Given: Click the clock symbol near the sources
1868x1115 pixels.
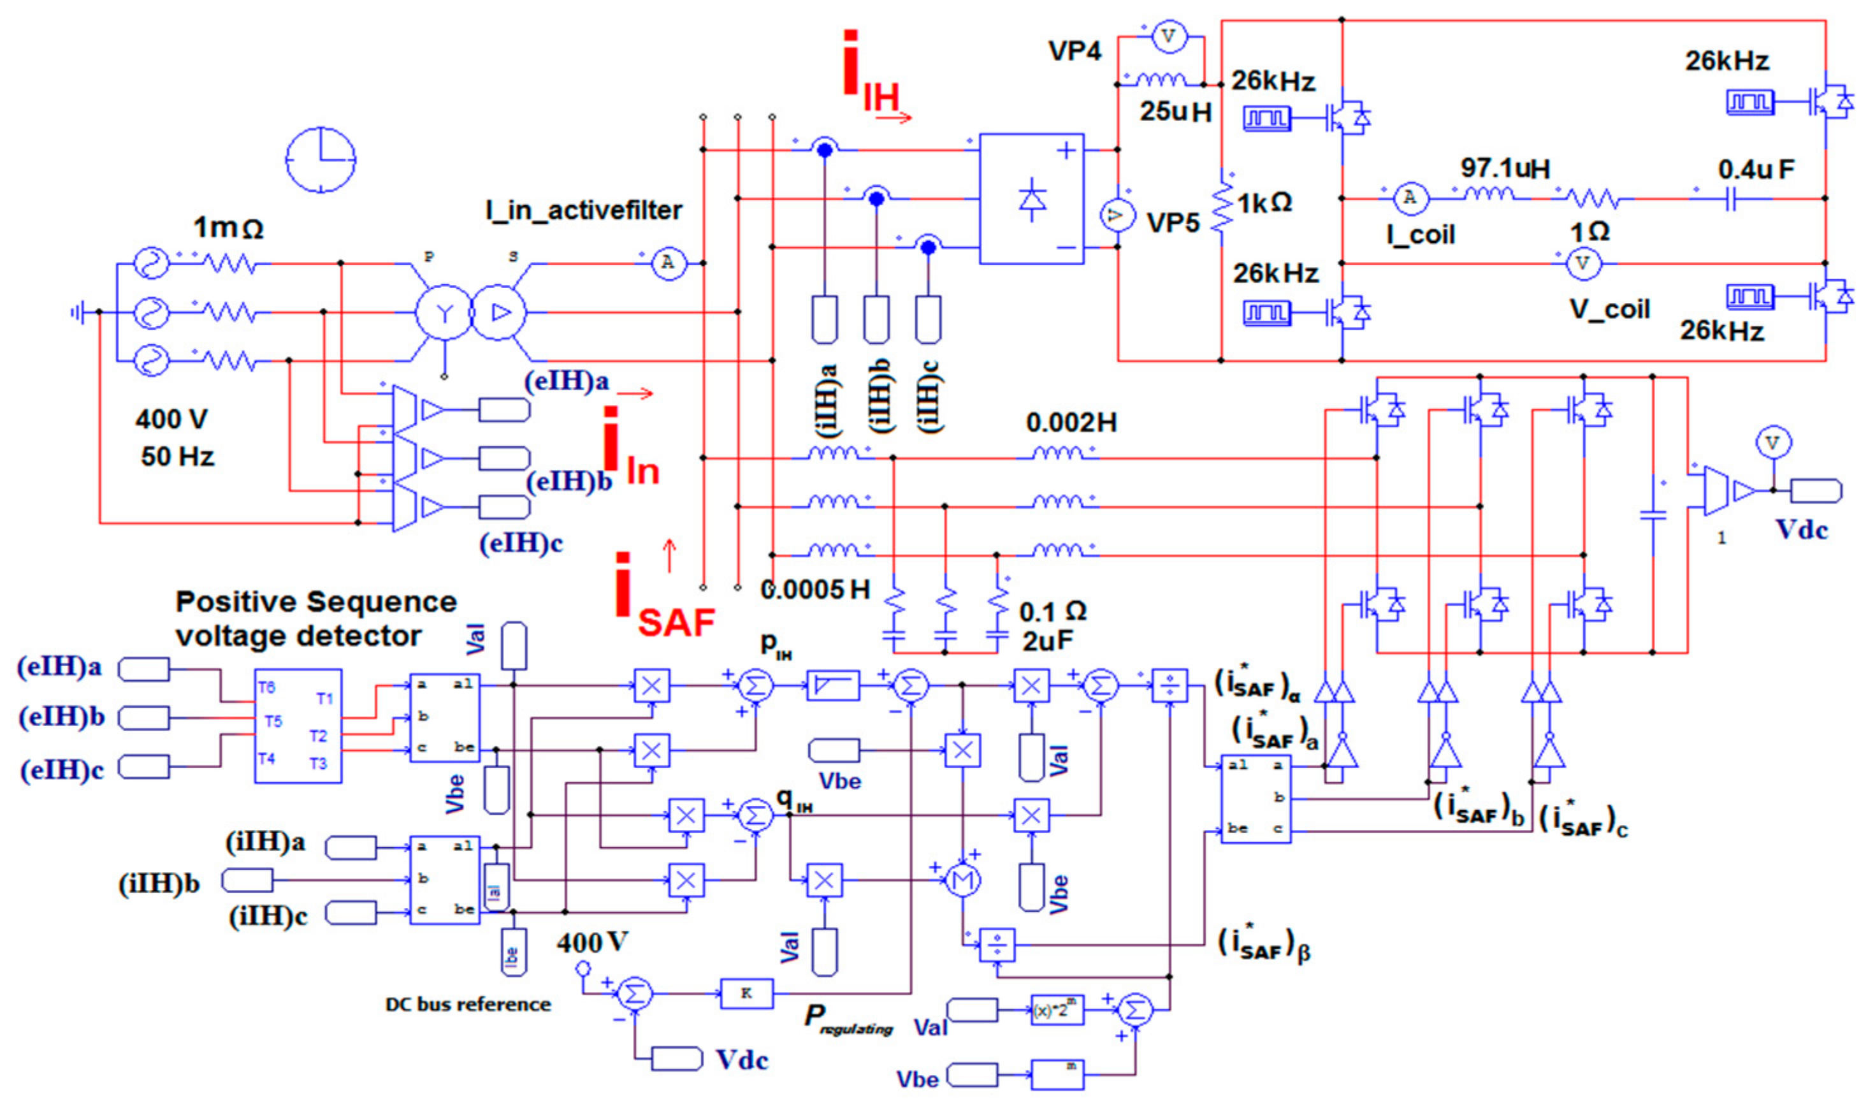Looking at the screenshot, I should coord(321,160).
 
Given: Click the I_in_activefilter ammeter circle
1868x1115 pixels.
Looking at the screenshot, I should coord(668,263).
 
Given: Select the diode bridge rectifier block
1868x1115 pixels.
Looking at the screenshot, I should coord(1031,199).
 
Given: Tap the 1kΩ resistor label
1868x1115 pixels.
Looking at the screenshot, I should coord(1264,203).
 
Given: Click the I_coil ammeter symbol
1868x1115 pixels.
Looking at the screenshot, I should coord(1410,198).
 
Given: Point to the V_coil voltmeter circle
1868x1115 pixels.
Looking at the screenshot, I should coord(1582,264).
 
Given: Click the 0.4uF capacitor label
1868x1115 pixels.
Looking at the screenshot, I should coord(1755,170).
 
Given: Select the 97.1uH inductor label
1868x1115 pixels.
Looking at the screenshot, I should coord(1505,168).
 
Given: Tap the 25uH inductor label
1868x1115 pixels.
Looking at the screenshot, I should coord(1175,112).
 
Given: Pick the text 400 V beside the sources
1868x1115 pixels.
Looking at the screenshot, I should coord(171,419).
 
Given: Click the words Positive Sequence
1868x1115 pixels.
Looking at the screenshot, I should coord(315,602).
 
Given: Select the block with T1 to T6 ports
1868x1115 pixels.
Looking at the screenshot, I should coord(298,725).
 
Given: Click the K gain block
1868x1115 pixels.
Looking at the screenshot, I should coord(746,993).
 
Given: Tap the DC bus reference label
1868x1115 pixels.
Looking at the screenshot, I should coord(467,1005).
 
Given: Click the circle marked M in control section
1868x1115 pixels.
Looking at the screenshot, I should coord(962,879).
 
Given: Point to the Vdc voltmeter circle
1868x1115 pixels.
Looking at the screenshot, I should coord(1772,442).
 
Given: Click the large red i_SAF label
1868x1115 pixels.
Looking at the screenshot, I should coord(661,601).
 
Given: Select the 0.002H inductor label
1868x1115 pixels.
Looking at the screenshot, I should coord(1071,423).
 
